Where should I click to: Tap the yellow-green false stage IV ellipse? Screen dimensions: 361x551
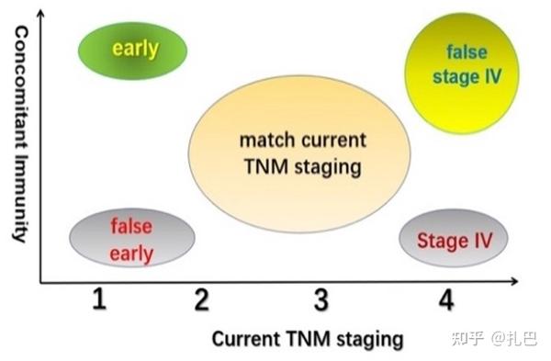coord(461,65)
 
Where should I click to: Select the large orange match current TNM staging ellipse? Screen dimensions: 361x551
coord(299,153)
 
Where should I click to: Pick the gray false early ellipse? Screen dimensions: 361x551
coord(131,238)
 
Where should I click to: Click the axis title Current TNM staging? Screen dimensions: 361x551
coord(307,339)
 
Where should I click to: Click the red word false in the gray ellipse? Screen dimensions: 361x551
coord(130,225)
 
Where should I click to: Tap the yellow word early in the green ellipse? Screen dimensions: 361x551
coord(135,49)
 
